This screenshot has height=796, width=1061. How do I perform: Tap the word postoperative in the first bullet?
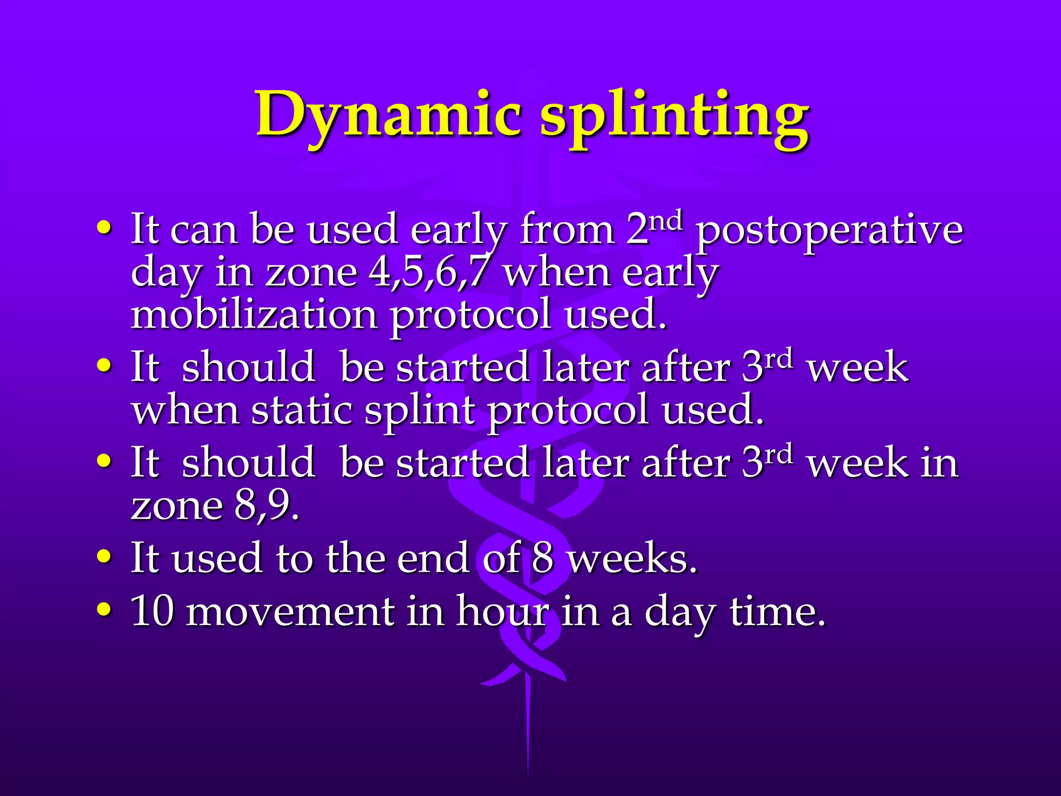click(829, 231)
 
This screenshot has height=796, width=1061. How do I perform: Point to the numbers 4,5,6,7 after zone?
click(428, 273)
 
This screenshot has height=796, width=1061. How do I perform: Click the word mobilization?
click(254, 315)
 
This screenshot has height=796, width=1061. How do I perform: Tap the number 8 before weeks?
click(542, 559)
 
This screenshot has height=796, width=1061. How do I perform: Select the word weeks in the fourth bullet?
click(632, 559)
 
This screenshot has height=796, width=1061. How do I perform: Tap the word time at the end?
click(777, 612)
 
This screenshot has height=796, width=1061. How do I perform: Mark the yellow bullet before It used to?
click(104, 557)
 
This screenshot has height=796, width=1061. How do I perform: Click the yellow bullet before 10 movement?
click(104, 610)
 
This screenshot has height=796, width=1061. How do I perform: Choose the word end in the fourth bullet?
click(433, 559)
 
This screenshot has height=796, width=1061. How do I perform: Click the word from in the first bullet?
click(567, 230)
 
